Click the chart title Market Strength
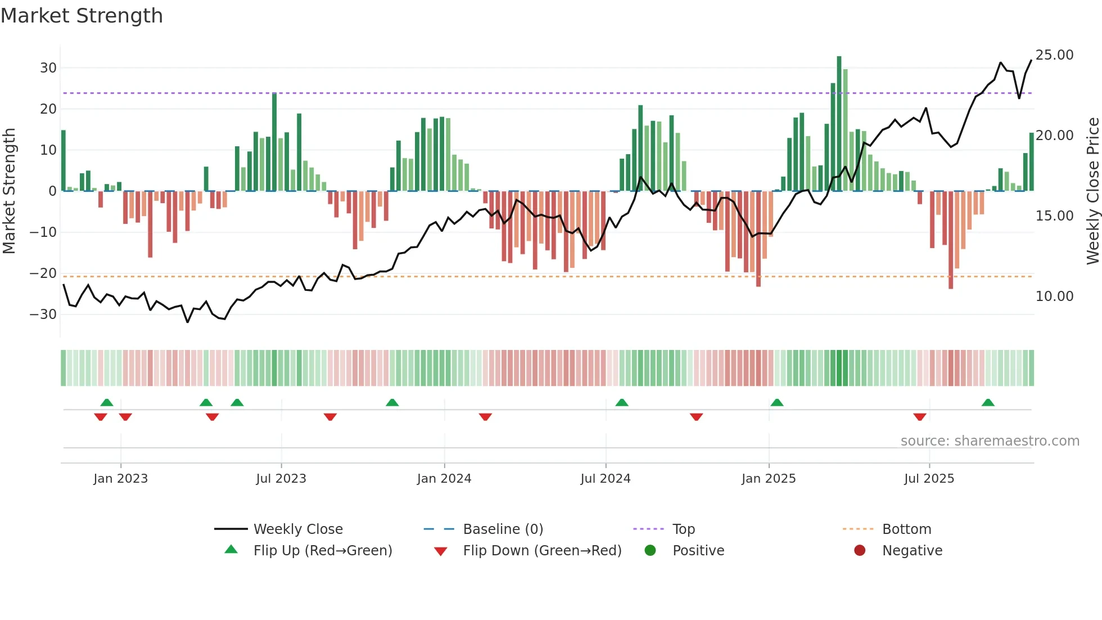82,16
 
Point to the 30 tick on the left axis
48,68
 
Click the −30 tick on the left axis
44,315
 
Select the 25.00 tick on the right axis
1054,55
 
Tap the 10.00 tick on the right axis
1054,296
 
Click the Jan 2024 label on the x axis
444,479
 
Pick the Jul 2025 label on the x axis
929,479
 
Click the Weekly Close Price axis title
1092,191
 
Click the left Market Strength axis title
10,191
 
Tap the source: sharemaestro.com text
990,441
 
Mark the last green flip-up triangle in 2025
988,402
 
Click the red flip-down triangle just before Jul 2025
920,417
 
